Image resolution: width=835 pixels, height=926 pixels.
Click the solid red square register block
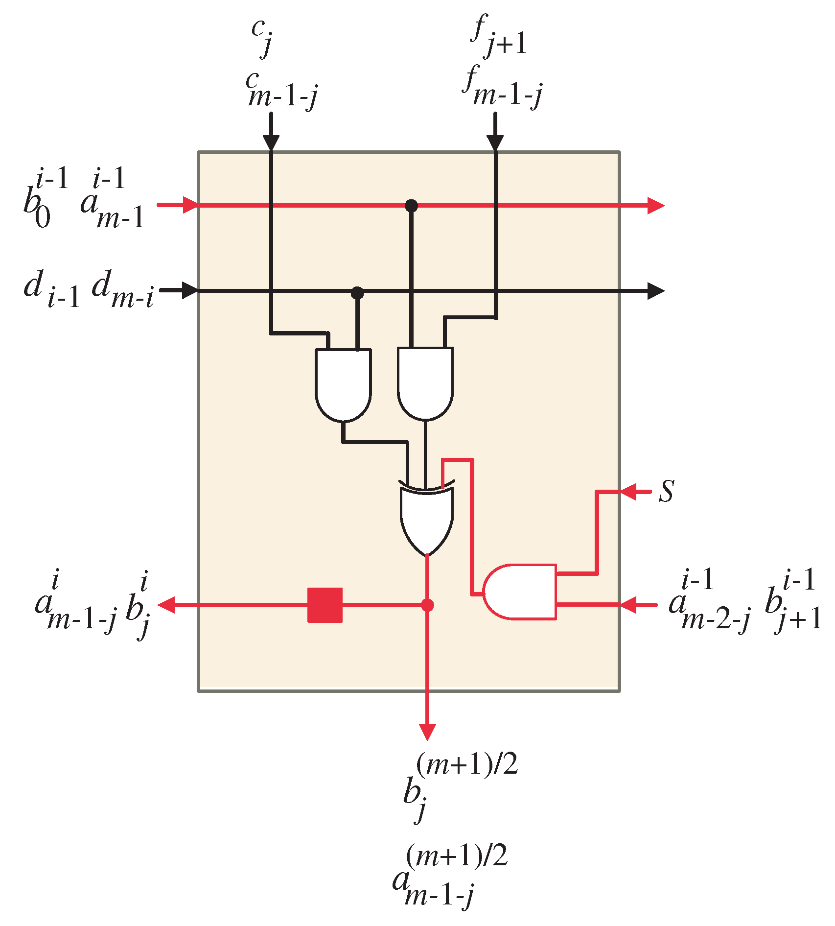click(x=325, y=605)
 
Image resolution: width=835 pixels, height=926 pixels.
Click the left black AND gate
click(x=343, y=384)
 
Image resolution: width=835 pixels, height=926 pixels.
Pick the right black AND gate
click(x=425, y=383)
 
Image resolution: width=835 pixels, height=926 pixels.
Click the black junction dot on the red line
click(x=412, y=206)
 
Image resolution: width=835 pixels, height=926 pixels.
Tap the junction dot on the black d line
click(x=358, y=293)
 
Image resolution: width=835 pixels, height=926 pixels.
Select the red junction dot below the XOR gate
click(x=427, y=605)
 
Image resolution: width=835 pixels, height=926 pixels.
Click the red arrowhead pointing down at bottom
click(x=427, y=732)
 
